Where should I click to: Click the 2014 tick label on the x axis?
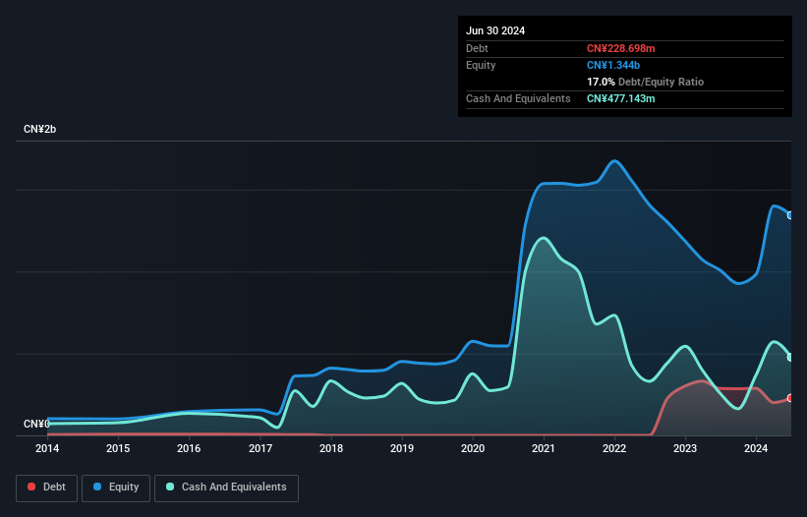point(47,448)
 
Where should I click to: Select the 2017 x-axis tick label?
point(260,448)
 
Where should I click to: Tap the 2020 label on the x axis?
point(473,448)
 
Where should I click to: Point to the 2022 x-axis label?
point(614,448)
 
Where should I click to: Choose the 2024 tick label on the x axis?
point(756,448)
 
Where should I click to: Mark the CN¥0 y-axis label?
point(36,424)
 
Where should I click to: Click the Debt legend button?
point(45,487)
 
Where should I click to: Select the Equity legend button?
point(116,487)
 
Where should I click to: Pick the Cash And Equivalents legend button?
point(226,487)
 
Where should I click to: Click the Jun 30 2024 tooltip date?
point(495,30)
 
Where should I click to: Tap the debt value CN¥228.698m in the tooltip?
point(620,48)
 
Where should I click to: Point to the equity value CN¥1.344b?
point(614,65)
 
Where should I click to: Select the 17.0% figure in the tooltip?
point(601,82)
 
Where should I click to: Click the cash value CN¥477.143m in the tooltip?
point(620,98)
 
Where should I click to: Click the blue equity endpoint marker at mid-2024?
point(790,215)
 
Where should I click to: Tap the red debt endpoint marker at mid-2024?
point(790,398)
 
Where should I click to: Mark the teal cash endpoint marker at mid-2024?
point(790,357)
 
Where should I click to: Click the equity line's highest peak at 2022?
point(614,161)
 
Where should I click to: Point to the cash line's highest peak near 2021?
point(542,238)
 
